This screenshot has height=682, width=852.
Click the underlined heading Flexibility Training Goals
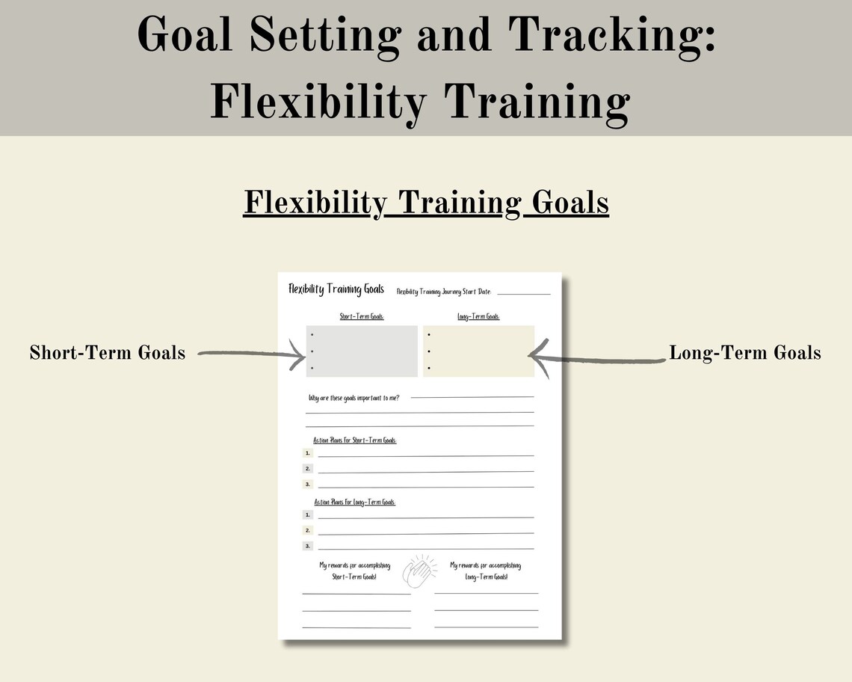[x=426, y=203]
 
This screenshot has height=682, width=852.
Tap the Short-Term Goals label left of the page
[x=108, y=352]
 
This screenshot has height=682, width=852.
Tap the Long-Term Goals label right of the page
[x=744, y=352]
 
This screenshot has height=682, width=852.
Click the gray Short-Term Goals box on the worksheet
[x=362, y=351]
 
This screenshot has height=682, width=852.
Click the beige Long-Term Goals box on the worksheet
[x=479, y=351]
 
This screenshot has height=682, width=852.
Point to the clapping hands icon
[x=419, y=571]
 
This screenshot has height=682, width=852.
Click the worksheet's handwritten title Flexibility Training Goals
[x=336, y=289]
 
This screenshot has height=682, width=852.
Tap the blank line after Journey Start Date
[x=523, y=293]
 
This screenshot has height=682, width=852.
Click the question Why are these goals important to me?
[x=354, y=398]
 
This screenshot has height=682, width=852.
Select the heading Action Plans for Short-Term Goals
[x=355, y=440]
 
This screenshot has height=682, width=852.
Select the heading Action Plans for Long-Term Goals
[x=354, y=502]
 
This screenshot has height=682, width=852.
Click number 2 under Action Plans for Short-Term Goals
[x=307, y=469]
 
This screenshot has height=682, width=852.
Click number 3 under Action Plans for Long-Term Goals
[x=307, y=546]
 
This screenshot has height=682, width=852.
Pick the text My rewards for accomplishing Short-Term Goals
[x=354, y=571]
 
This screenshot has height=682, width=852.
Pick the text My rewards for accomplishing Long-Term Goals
[x=486, y=571]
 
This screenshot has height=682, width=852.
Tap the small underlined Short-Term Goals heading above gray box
[x=362, y=316]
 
